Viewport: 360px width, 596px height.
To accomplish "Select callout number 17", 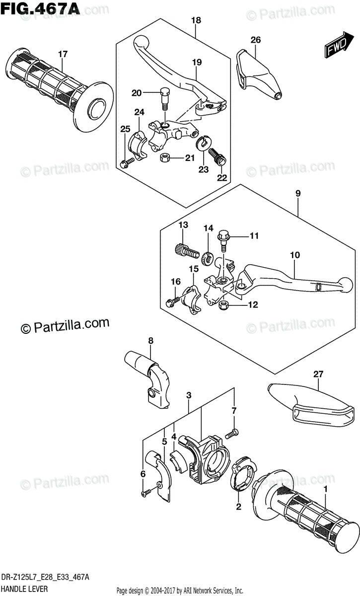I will click(x=62, y=54).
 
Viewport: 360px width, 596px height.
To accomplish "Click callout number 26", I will click(x=255, y=40).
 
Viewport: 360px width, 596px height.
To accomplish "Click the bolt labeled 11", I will click(x=223, y=239).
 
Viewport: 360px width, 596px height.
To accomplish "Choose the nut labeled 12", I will click(x=223, y=304).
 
